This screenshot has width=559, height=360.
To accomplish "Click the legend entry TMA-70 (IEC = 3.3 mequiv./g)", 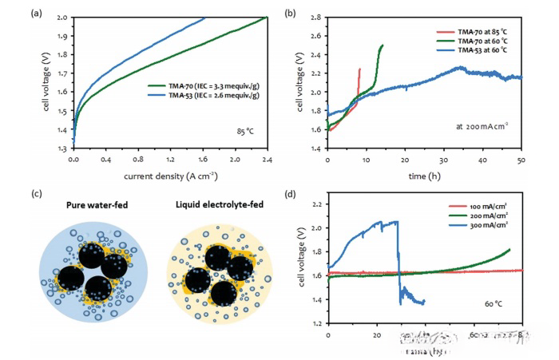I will [210, 84].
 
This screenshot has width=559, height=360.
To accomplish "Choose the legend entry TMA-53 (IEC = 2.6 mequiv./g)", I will [210, 94].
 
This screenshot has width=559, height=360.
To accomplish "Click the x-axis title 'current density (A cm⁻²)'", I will [169, 175].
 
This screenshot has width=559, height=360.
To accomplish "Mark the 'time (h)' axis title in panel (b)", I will [424, 175].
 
